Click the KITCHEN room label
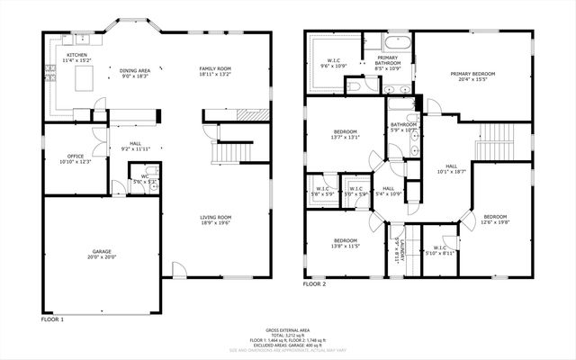(x=76, y=56)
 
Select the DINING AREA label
(x=135, y=69)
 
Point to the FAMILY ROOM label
(x=215, y=69)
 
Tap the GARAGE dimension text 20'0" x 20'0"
(x=102, y=256)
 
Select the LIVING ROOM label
(x=216, y=217)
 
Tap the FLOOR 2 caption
(x=314, y=283)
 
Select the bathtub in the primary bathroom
(x=396, y=42)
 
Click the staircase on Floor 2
(x=497, y=139)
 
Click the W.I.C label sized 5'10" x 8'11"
(x=440, y=249)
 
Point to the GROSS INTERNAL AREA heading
(x=287, y=330)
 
